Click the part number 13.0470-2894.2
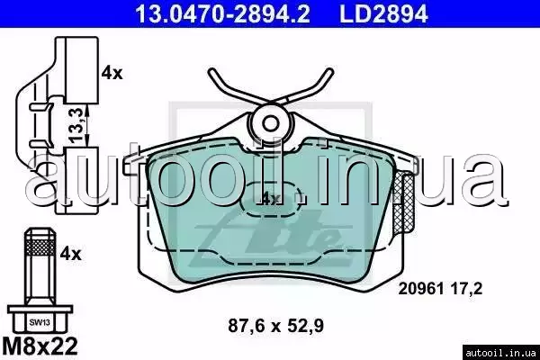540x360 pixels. click(x=223, y=13)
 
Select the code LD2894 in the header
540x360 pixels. click(x=384, y=13)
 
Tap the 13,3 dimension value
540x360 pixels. click(x=76, y=125)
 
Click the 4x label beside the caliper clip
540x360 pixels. click(x=112, y=74)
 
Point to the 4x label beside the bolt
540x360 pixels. click(x=70, y=254)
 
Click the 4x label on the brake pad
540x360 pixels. click(x=271, y=199)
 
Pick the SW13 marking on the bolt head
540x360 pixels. click(x=40, y=323)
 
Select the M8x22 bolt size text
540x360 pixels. click(x=40, y=346)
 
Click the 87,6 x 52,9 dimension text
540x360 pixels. click(x=276, y=326)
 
